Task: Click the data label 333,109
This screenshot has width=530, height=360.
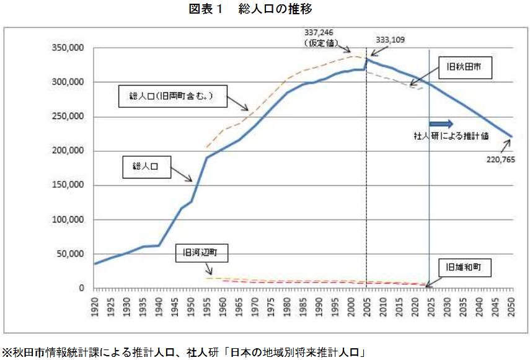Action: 390,40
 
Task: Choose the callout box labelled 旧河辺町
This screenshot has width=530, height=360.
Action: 201,253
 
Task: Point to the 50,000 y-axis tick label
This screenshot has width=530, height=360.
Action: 70,254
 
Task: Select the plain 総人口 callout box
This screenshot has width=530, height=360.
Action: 147,167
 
